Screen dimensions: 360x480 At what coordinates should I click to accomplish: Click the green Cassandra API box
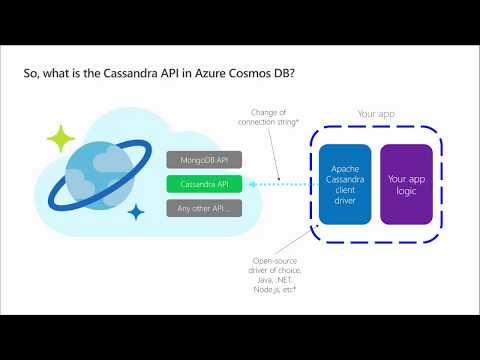(x=203, y=184)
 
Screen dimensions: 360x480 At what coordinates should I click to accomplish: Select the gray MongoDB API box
(x=203, y=159)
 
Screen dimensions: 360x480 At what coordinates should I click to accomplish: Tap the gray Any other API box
(x=203, y=209)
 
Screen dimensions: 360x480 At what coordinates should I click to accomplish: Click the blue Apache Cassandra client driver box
(x=345, y=184)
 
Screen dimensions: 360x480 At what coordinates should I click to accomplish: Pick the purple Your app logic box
(x=406, y=184)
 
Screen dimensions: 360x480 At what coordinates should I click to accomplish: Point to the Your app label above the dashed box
(x=376, y=113)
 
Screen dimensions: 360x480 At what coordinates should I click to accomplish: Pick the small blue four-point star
(x=136, y=211)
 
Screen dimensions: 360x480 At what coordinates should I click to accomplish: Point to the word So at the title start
(x=30, y=73)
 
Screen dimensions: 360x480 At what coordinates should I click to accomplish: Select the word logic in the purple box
(x=406, y=191)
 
